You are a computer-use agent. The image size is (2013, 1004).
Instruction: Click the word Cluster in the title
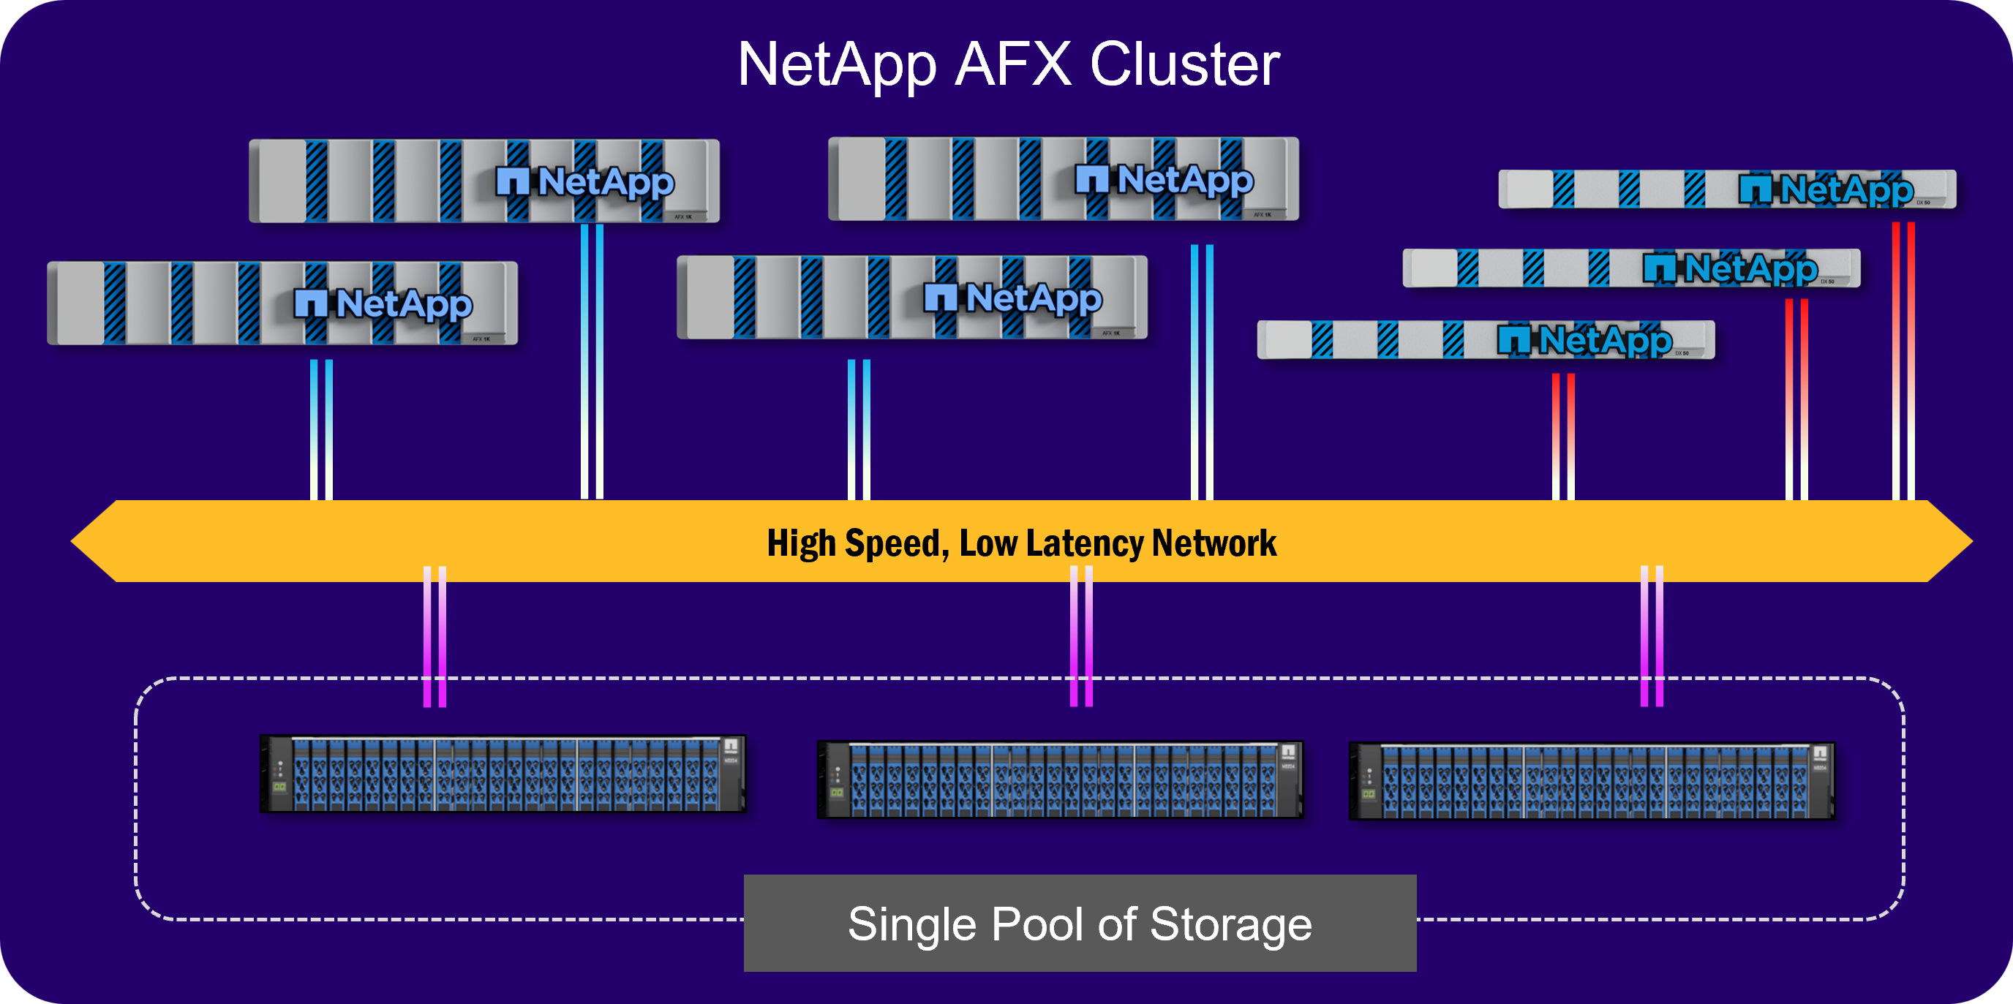click(x=1185, y=64)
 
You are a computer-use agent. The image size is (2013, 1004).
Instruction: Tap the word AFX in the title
click(x=1013, y=64)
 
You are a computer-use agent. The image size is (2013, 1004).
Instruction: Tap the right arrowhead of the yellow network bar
click(x=1949, y=540)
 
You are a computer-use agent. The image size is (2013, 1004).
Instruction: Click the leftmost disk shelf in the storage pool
click(x=503, y=774)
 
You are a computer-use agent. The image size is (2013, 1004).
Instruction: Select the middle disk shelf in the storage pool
click(x=1060, y=779)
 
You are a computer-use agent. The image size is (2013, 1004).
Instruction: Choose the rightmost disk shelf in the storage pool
click(x=1591, y=780)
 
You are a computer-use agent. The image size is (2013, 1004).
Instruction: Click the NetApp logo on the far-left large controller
click(x=383, y=304)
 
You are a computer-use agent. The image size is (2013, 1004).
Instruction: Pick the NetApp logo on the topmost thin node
click(x=1826, y=190)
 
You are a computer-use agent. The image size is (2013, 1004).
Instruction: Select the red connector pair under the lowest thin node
click(x=1563, y=436)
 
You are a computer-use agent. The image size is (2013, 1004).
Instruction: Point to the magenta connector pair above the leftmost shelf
click(x=434, y=637)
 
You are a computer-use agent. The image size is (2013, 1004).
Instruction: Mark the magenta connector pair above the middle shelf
click(x=1080, y=637)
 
